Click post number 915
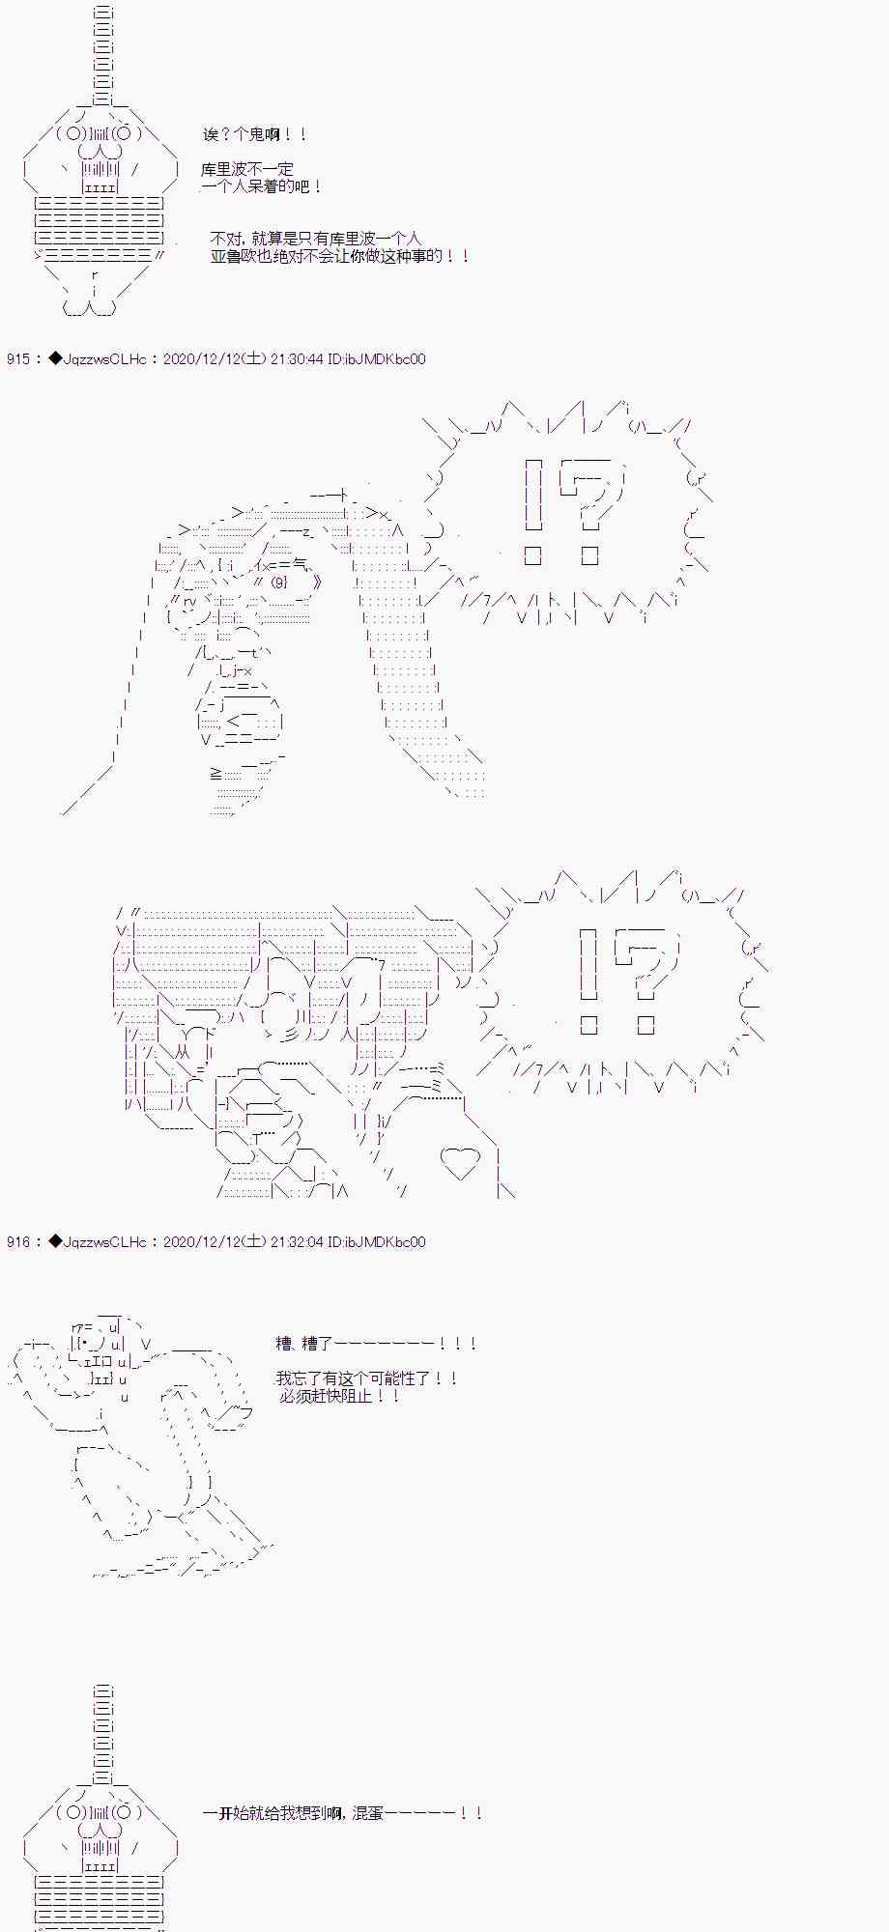pyautogui.click(x=18, y=359)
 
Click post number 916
pyautogui.click(x=18, y=1242)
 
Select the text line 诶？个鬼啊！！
pyautogui.click(x=255, y=135)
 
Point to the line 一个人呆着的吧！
pyautogui.click(x=262, y=186)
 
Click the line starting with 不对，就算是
pyautogui.click(x=316, y=239)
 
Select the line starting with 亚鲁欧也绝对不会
pyautogui.click(x=340, y=256)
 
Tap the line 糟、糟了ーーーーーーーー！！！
pyautogui.click(x=376, y=1344)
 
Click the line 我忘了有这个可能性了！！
pyautogui.click(x=366, y=1378)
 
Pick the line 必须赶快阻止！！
pyautogui.click(x=339, y=1396)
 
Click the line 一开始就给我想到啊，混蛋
pyautogui.click(x=342, y=1813)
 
